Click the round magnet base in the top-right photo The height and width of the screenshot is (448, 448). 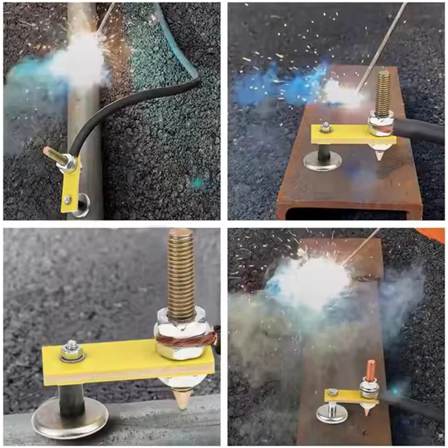click(x=323, y=160)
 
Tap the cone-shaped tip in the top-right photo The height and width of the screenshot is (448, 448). click(x=381, y=154)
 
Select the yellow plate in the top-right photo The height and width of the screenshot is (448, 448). click(x=343, y=134)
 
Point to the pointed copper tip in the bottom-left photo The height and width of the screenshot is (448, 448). click(x=182, y=397)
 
